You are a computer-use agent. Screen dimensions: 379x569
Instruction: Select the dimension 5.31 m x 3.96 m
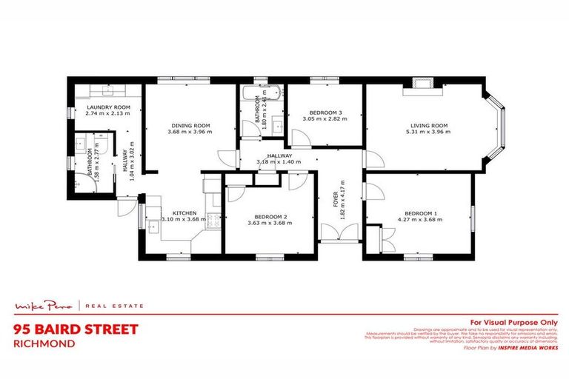click(430, 133)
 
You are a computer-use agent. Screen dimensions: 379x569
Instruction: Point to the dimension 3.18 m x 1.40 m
click(274, 161)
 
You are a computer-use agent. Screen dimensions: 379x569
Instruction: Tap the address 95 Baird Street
click(76, 328)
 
